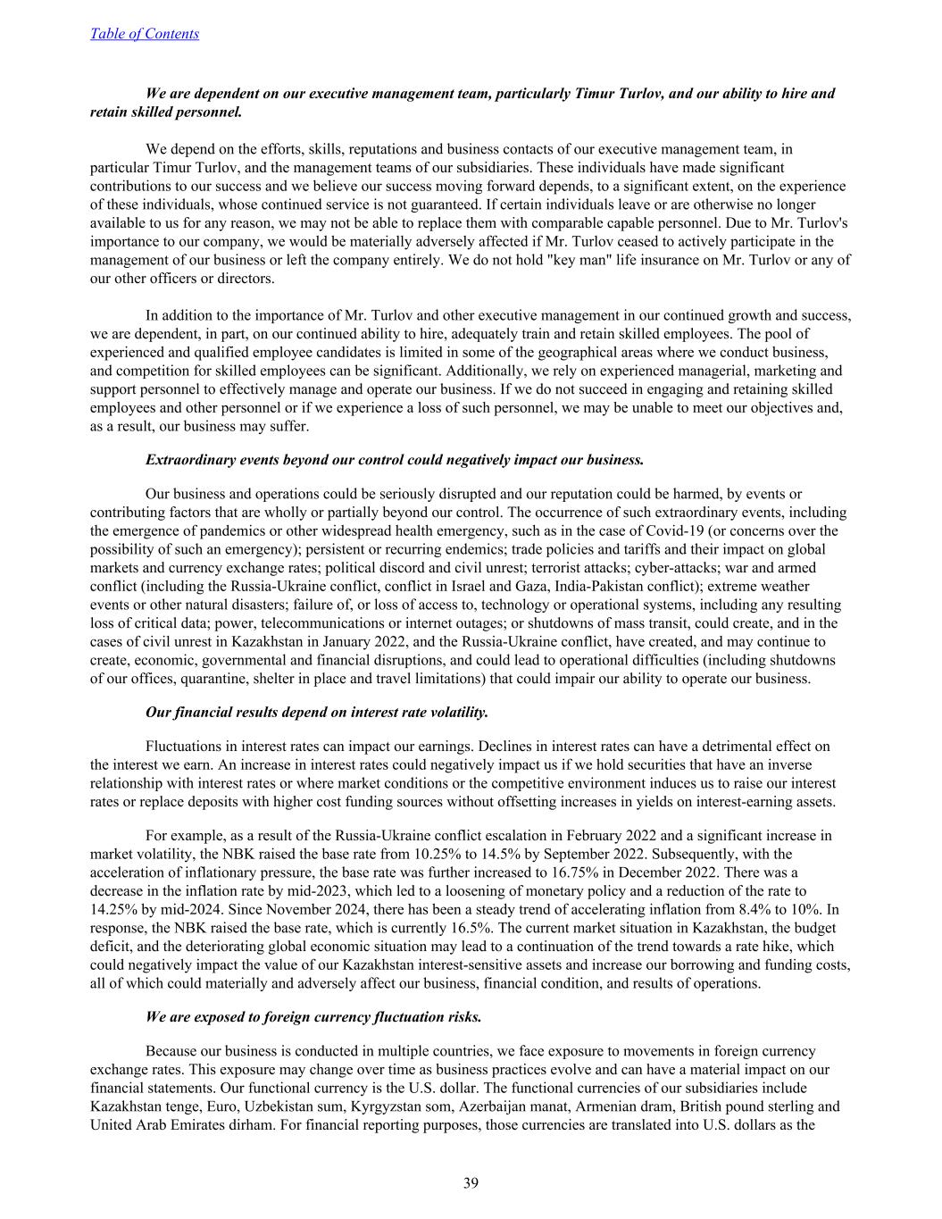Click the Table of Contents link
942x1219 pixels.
click(x=145, y=34)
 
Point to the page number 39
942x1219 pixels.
click(x=471, y=1183)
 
